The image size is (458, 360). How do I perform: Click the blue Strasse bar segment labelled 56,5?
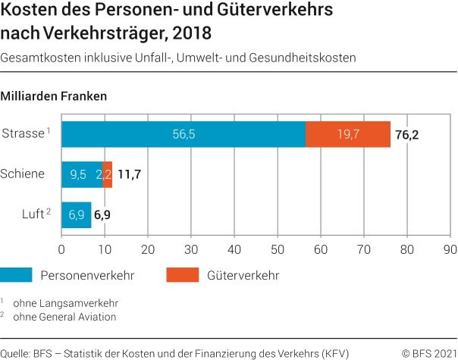184,134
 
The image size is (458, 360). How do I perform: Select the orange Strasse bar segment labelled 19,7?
348,134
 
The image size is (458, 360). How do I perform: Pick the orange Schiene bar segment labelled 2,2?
107,174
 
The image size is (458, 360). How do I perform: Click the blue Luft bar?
76,214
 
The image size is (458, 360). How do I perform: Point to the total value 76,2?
406,135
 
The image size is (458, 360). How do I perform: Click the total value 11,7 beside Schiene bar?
129,175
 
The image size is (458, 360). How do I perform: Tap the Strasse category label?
23,133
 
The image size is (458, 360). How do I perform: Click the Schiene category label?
23,174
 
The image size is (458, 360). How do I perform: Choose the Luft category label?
32,214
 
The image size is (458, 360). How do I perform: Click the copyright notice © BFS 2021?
428,353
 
